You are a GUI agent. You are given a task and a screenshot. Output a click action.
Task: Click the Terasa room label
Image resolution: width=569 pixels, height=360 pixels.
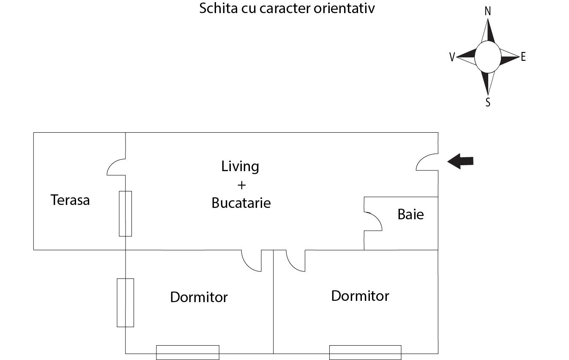click(x=70, y=200)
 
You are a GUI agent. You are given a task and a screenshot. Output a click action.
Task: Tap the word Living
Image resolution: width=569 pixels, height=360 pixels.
click(x=240, y=166)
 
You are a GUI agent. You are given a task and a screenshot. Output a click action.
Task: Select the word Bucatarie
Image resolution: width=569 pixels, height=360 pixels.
click(x=241, y=203)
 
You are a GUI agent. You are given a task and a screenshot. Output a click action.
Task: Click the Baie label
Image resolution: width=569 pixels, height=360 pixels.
click(x=410, y=214)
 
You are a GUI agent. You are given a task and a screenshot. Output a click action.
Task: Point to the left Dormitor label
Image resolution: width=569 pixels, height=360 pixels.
click(x=199, y=297)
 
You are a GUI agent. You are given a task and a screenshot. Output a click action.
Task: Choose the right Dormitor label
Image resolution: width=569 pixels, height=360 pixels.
click(x=360, y=296)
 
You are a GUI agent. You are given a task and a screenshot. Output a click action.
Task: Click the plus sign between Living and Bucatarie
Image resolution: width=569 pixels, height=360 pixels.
click(x=241, y=185)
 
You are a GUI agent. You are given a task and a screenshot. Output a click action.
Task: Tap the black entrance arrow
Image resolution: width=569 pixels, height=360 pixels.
click(x=460, y=161)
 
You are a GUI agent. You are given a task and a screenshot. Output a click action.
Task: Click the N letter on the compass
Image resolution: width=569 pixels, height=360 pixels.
click(x=487, y=11)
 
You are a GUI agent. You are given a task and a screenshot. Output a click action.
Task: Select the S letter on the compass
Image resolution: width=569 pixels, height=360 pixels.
click(x=488, y=102)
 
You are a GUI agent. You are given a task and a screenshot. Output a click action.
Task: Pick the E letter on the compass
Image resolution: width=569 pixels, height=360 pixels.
click(x=523, y=57)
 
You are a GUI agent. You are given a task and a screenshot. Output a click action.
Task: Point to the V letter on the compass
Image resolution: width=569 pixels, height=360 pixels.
click(x=452, y=57)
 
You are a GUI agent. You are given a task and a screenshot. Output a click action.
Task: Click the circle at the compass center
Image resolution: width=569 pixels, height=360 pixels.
click(x=488, y=57)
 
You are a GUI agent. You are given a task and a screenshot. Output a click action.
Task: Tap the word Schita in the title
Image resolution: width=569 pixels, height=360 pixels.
click(x=219, y=8)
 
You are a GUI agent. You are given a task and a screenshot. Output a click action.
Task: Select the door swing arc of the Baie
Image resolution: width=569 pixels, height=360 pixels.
click(x=373, y=221)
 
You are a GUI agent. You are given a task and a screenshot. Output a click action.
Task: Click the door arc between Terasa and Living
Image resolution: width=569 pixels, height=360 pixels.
click(x=116, y=167)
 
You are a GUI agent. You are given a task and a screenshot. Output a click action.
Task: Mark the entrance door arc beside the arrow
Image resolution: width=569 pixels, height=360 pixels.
click(x=427, y=162)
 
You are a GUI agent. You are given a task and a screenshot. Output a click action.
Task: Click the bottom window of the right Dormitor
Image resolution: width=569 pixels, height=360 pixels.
click(x=365, y=352)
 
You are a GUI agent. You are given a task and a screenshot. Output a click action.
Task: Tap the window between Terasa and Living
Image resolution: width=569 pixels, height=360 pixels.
click(x=126, y=214)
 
